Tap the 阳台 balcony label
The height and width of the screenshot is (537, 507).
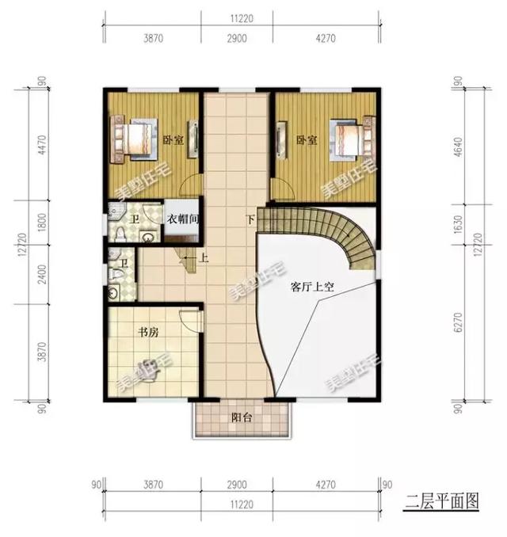coord(242,418)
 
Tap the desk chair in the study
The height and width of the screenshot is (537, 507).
coord(148,367)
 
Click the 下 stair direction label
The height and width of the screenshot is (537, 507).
coord(251,219)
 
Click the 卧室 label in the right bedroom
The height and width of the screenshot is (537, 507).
coord(307,140)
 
